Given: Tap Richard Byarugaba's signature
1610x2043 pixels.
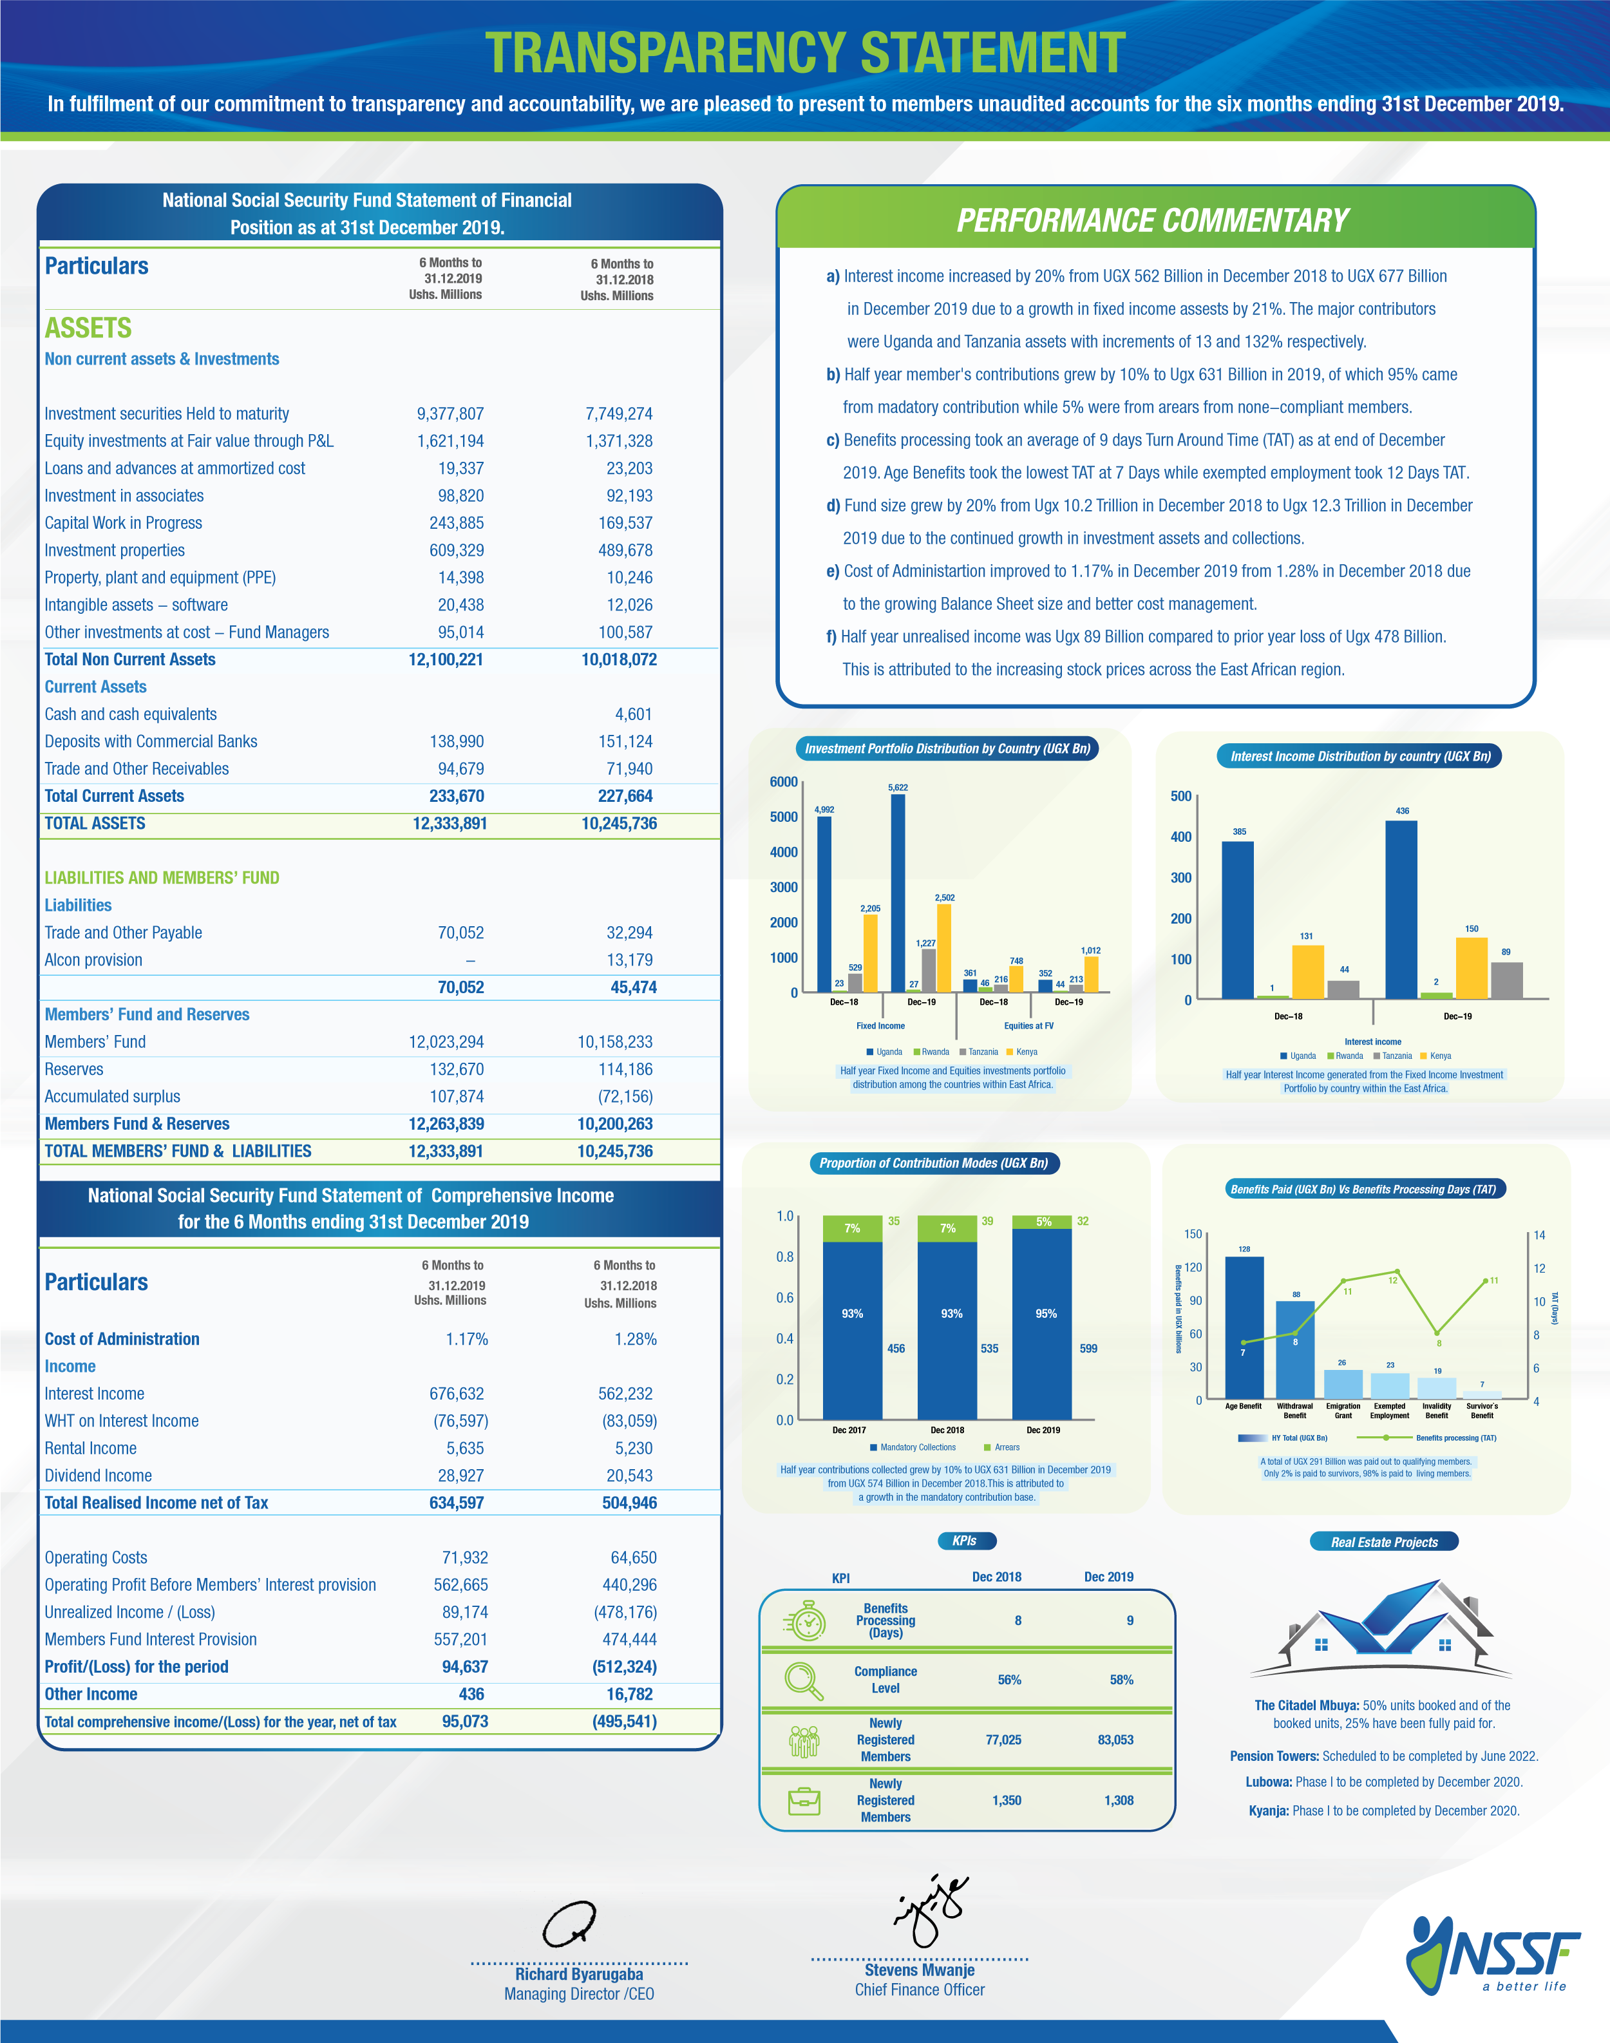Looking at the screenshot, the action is click(x=569, y=1923).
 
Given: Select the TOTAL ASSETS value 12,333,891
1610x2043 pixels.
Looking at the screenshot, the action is click(x=450, y=823).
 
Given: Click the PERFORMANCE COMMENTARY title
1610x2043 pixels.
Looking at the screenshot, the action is click(x=1153, y=221).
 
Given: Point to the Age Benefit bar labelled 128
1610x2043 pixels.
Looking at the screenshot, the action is click(x=1244, y=1327).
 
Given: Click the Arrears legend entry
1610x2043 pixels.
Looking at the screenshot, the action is click(x=1002, y=1447).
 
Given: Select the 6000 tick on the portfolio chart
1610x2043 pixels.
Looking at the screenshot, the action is click(x=783, y=781).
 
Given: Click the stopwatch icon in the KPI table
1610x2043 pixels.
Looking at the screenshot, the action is click(x=807, y=1620).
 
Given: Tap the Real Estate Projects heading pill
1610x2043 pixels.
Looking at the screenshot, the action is click(x=1384, y=1541).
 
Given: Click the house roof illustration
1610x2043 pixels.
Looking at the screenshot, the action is click(x=1382, y=1630).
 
